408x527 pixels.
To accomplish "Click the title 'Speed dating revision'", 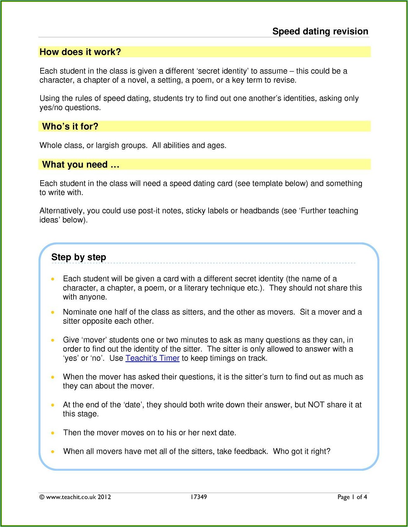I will click(320, 31).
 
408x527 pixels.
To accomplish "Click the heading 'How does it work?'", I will click(80, 52).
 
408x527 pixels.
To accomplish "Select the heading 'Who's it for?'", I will click(70, 127).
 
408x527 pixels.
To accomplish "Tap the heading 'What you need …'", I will click(81, 165).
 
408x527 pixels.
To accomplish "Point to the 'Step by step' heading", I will click(79, 257).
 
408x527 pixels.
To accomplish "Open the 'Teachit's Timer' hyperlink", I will click(152, 358).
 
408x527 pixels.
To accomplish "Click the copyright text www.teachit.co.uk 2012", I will click(75, 497).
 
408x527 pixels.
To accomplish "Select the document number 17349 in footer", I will click(198, 497).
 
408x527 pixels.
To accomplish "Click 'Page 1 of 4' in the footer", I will click(352, 497).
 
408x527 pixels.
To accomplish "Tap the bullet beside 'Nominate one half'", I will click(53, 312).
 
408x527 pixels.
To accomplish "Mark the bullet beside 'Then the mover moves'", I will click(53, 433).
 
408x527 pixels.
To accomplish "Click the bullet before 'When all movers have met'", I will click(53, 452).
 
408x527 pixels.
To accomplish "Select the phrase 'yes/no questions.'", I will click(70, 108).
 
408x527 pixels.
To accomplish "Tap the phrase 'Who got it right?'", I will click(301, 452).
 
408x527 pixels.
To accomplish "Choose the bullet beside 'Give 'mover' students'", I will click(53, 340).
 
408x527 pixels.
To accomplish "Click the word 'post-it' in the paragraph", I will click(149, 211).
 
